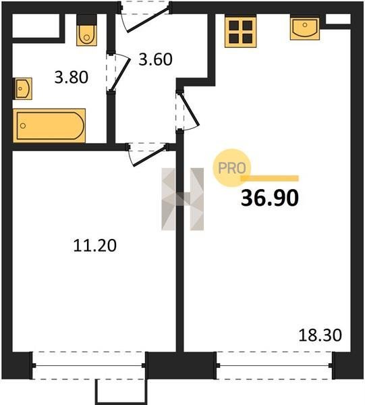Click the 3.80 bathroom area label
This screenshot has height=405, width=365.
[72, 77]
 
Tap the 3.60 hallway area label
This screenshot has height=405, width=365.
[155, 59]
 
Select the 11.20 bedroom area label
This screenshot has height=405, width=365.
[94, 246]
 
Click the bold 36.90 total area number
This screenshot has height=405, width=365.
[270, 198]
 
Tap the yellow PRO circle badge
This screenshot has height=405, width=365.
[231, 168]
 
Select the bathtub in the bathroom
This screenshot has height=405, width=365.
[49, 126]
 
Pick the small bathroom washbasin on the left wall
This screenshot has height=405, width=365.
[23, 88]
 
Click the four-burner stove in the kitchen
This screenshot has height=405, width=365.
[241, 32]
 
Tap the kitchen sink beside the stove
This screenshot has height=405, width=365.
[305, 28]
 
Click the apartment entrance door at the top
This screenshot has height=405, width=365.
[145, 16]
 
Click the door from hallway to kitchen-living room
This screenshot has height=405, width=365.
[188, 111]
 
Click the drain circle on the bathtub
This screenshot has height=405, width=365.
[23, 126]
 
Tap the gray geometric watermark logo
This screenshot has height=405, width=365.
[182, 199]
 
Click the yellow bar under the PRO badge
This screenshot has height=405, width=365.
[269, 178]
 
